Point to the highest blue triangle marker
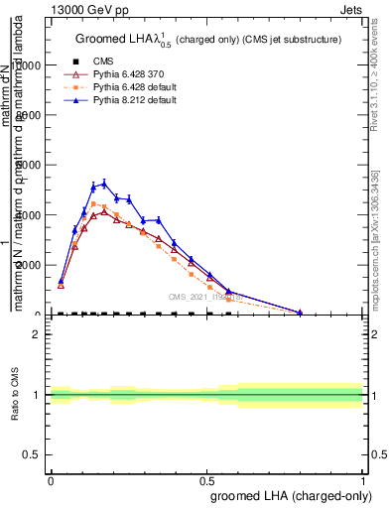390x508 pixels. pyautogui.click(x=104, y=183)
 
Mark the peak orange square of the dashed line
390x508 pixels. pyautogui.click(x=93, y=204)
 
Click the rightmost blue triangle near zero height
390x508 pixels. pyautogui.click(x=300, y=312)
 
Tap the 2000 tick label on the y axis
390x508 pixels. pyautogui.click(x=29, y=265)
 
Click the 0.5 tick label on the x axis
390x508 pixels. pyautogui.click(x=207, y=480)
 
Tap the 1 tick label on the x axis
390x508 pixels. pyautogui.click(x=363, y=480)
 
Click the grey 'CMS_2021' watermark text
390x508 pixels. pyautogui.click(x=204, y=296)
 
